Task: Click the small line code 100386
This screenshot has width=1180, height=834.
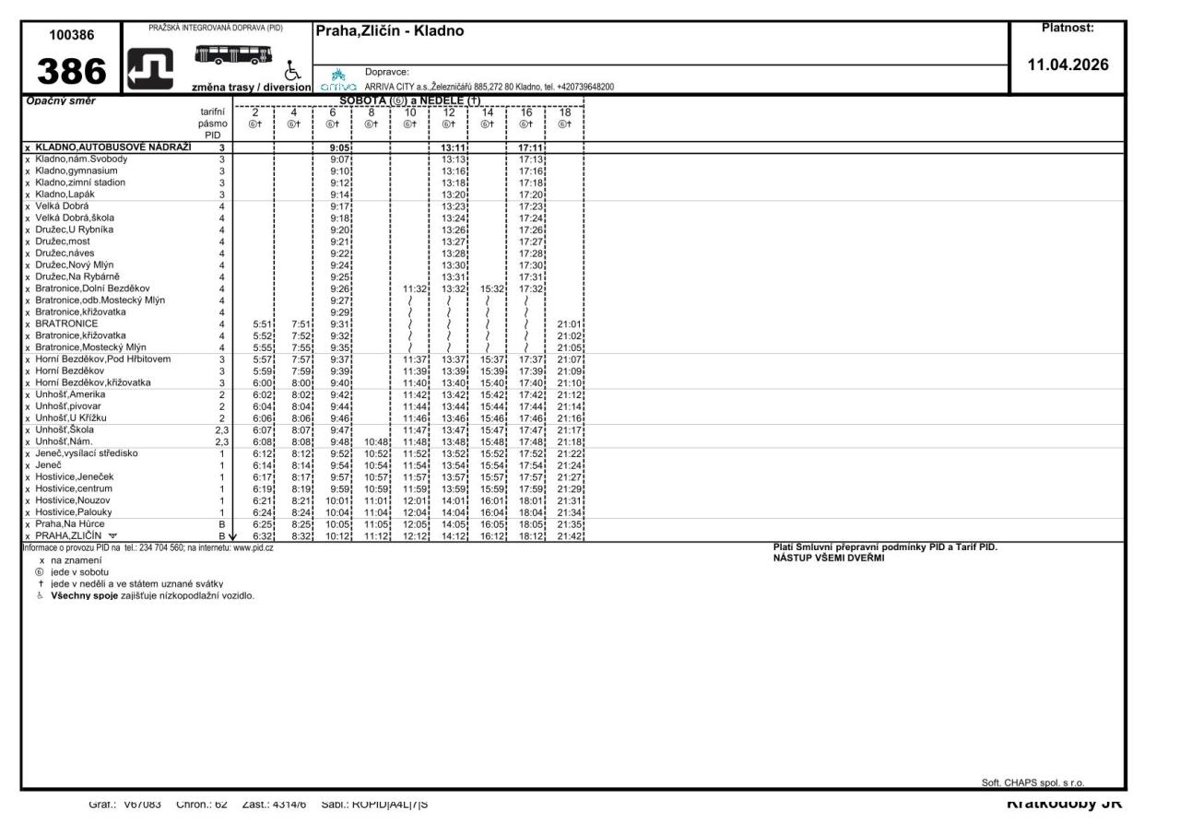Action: coord(70,34)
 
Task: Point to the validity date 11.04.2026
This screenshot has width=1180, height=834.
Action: coord(1068,65)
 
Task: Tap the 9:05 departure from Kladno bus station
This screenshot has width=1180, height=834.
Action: coord(341,147)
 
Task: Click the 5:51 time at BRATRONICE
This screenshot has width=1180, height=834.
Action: coord(263,323)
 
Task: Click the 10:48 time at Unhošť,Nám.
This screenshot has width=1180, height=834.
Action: coord(377,440)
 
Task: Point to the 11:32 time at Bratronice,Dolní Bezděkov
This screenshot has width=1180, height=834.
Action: coord(415,288)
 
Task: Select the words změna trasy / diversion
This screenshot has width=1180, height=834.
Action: coord(250,88)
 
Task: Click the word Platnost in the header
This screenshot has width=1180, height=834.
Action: coord(1068,28)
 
